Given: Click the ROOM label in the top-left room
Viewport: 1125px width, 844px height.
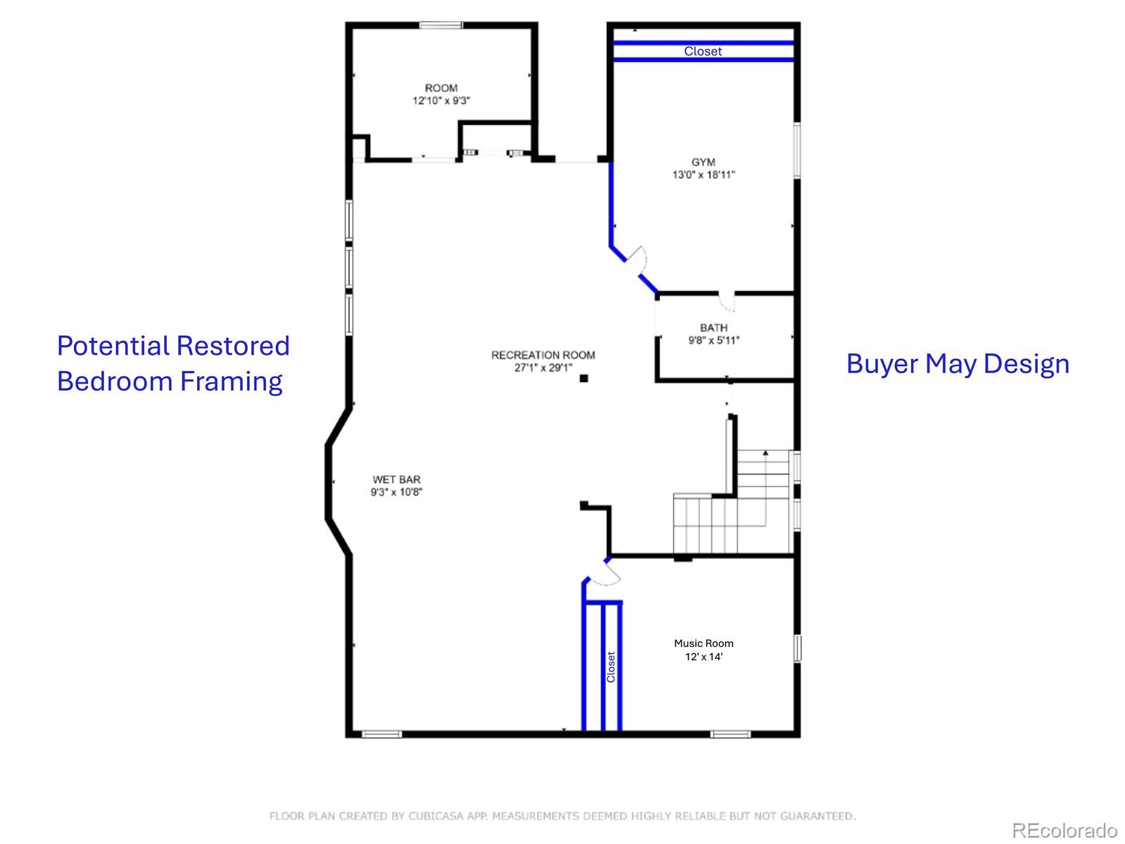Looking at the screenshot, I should [441, 88].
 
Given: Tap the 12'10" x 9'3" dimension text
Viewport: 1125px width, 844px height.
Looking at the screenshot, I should [441, 101].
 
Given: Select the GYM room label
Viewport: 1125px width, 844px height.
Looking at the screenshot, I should [703, 163].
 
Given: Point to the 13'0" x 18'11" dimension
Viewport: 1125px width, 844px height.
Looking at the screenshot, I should [703, 175].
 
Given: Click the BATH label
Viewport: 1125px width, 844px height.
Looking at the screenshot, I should [713, 328].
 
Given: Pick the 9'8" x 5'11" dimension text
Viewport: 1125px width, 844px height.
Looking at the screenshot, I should [713, 341].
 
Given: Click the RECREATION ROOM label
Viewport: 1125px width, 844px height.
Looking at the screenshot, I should [543, 355].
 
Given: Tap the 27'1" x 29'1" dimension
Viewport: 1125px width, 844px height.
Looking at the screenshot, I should [543, 367].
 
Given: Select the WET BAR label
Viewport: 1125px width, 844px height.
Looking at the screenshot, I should [397, 480].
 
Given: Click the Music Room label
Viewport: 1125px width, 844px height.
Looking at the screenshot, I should [704, 643].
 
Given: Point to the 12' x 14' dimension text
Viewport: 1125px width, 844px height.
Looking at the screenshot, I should [704, 657].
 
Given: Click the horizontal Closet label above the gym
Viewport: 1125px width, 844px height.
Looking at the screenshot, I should [703, 51].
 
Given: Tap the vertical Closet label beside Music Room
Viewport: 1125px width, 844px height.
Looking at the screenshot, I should [611, 667].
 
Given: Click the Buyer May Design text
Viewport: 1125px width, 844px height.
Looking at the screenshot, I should [958, 364].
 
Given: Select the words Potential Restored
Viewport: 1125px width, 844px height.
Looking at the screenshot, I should [173, 346].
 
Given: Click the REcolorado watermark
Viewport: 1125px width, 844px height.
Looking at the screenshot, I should [1064, 831].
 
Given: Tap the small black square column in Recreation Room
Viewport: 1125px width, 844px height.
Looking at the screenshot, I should [583, 379].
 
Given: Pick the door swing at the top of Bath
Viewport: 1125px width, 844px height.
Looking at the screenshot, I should [727, 301].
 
